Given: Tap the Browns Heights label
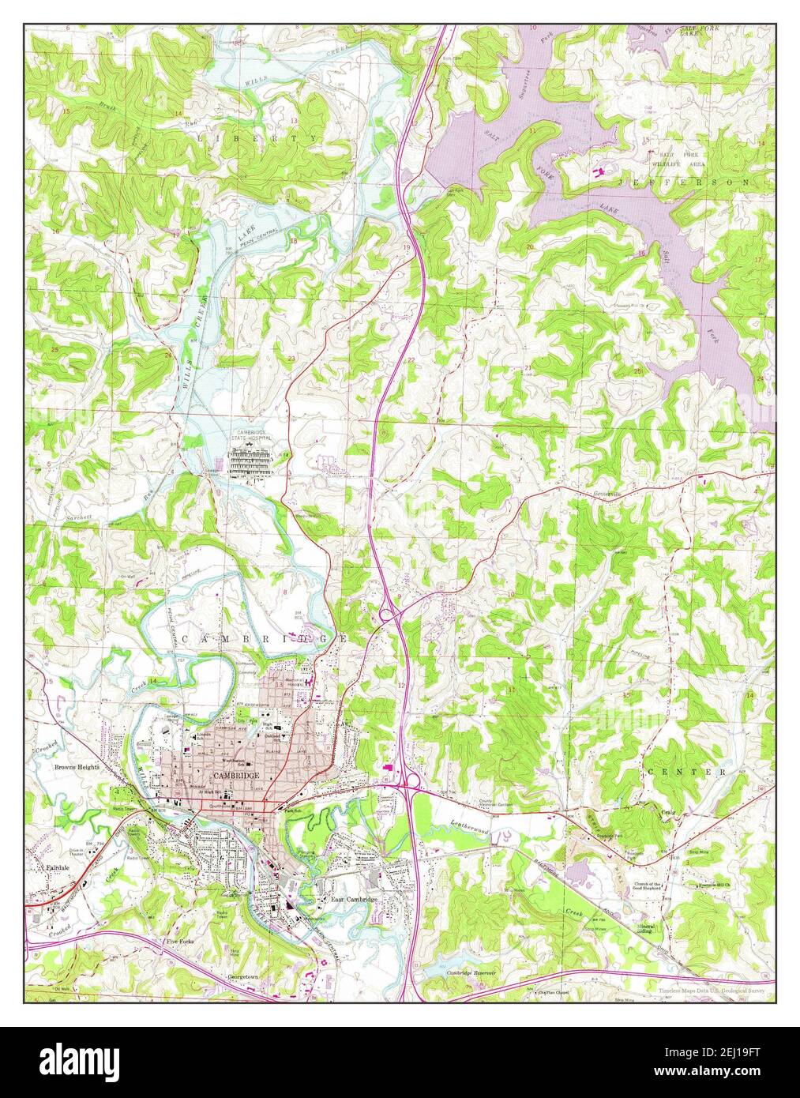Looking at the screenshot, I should (x=77, y=766).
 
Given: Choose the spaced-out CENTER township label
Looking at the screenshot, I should (x=685, y=770).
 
